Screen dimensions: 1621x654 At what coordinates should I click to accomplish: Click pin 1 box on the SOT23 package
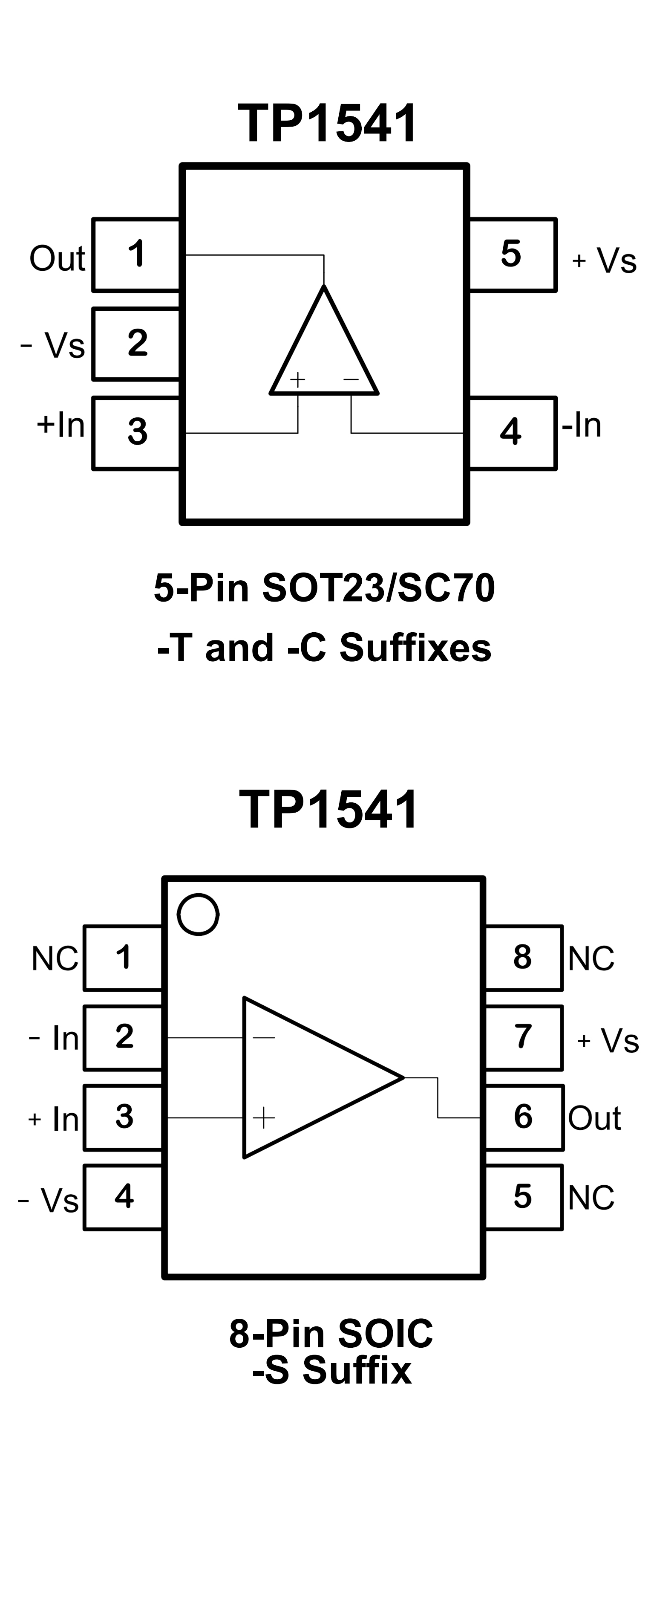[x=136, y=255]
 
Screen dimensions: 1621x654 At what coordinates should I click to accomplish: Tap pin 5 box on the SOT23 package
[x=512, y=255]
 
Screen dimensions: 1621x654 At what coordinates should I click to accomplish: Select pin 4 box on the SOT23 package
[x=512, y=433]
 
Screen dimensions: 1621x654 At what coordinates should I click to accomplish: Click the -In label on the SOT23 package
[x=582, y=426]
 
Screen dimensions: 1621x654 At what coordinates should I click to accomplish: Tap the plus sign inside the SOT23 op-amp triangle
[x=297, y=379]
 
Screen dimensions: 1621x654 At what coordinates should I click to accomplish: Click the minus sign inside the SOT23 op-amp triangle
[x=351, y=379]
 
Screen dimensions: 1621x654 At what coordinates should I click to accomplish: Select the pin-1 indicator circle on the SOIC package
[x=198, y=915]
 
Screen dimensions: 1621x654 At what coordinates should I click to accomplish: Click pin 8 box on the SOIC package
[x=523, y=957]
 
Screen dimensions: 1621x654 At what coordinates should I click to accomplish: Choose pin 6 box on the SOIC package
[x=523, y=1117]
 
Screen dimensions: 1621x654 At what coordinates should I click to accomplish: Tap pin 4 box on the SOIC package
[x=123, y=1196]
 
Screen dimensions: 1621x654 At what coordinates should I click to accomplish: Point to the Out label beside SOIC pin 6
[x=594, y=1118]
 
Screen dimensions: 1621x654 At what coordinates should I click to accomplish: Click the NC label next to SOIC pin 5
[x=591, y=1198]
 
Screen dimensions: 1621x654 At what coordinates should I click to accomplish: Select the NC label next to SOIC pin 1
[x=55, y=959]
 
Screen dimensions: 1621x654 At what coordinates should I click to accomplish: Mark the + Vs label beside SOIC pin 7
[x=608, y=1040]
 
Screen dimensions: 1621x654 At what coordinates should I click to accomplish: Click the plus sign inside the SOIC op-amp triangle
[x=263, y=1117]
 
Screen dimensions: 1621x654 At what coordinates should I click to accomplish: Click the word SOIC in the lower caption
[x=385, y=1333]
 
